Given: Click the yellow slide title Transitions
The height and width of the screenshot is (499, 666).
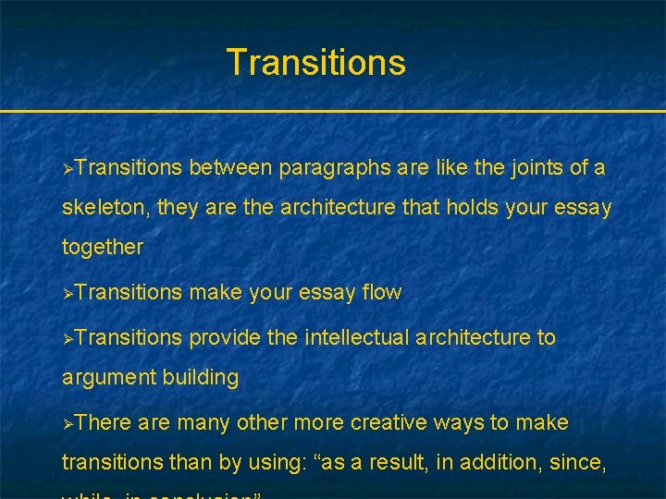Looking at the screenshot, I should (x=315, y=63).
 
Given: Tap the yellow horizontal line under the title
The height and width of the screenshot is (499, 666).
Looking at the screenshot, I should (x=333, y=112).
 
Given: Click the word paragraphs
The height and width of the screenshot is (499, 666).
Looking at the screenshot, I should (x=335, y=168).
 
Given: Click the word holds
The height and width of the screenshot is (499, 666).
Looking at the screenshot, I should (x=473, y=208).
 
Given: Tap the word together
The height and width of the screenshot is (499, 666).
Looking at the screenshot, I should (x=103, y=248).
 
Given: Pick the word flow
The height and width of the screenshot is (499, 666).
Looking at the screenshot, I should (x=382, y=293).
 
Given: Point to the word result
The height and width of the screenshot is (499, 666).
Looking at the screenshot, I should (x=403, y=462).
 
